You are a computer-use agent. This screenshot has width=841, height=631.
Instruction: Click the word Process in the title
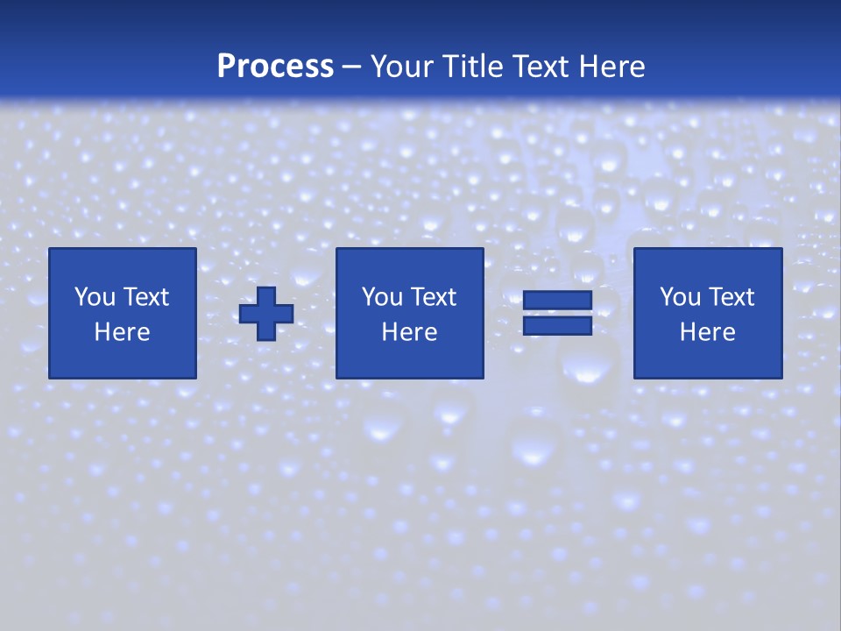point(275,67)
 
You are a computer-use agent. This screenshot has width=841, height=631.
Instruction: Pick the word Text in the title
point(538,67)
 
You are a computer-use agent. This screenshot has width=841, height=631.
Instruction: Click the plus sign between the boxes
point(266,313)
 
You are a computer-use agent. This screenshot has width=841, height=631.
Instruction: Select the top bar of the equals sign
point(557,301)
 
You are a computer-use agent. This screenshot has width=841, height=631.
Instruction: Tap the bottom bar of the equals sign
point(557,325)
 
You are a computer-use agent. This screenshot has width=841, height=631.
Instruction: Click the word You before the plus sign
point(95,297)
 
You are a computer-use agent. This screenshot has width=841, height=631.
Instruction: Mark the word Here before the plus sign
point(122,332)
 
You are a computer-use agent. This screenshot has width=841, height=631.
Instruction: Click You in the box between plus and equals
point(382,297)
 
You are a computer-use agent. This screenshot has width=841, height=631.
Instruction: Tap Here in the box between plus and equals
point(409,332)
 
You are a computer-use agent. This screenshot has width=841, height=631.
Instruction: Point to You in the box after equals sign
point(680,297)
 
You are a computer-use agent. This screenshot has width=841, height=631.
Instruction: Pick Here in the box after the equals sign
point(707,332)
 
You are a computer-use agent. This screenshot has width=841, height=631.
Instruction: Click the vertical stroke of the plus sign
point(266,294)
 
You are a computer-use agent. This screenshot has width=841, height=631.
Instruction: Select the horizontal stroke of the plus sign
point(248,313)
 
